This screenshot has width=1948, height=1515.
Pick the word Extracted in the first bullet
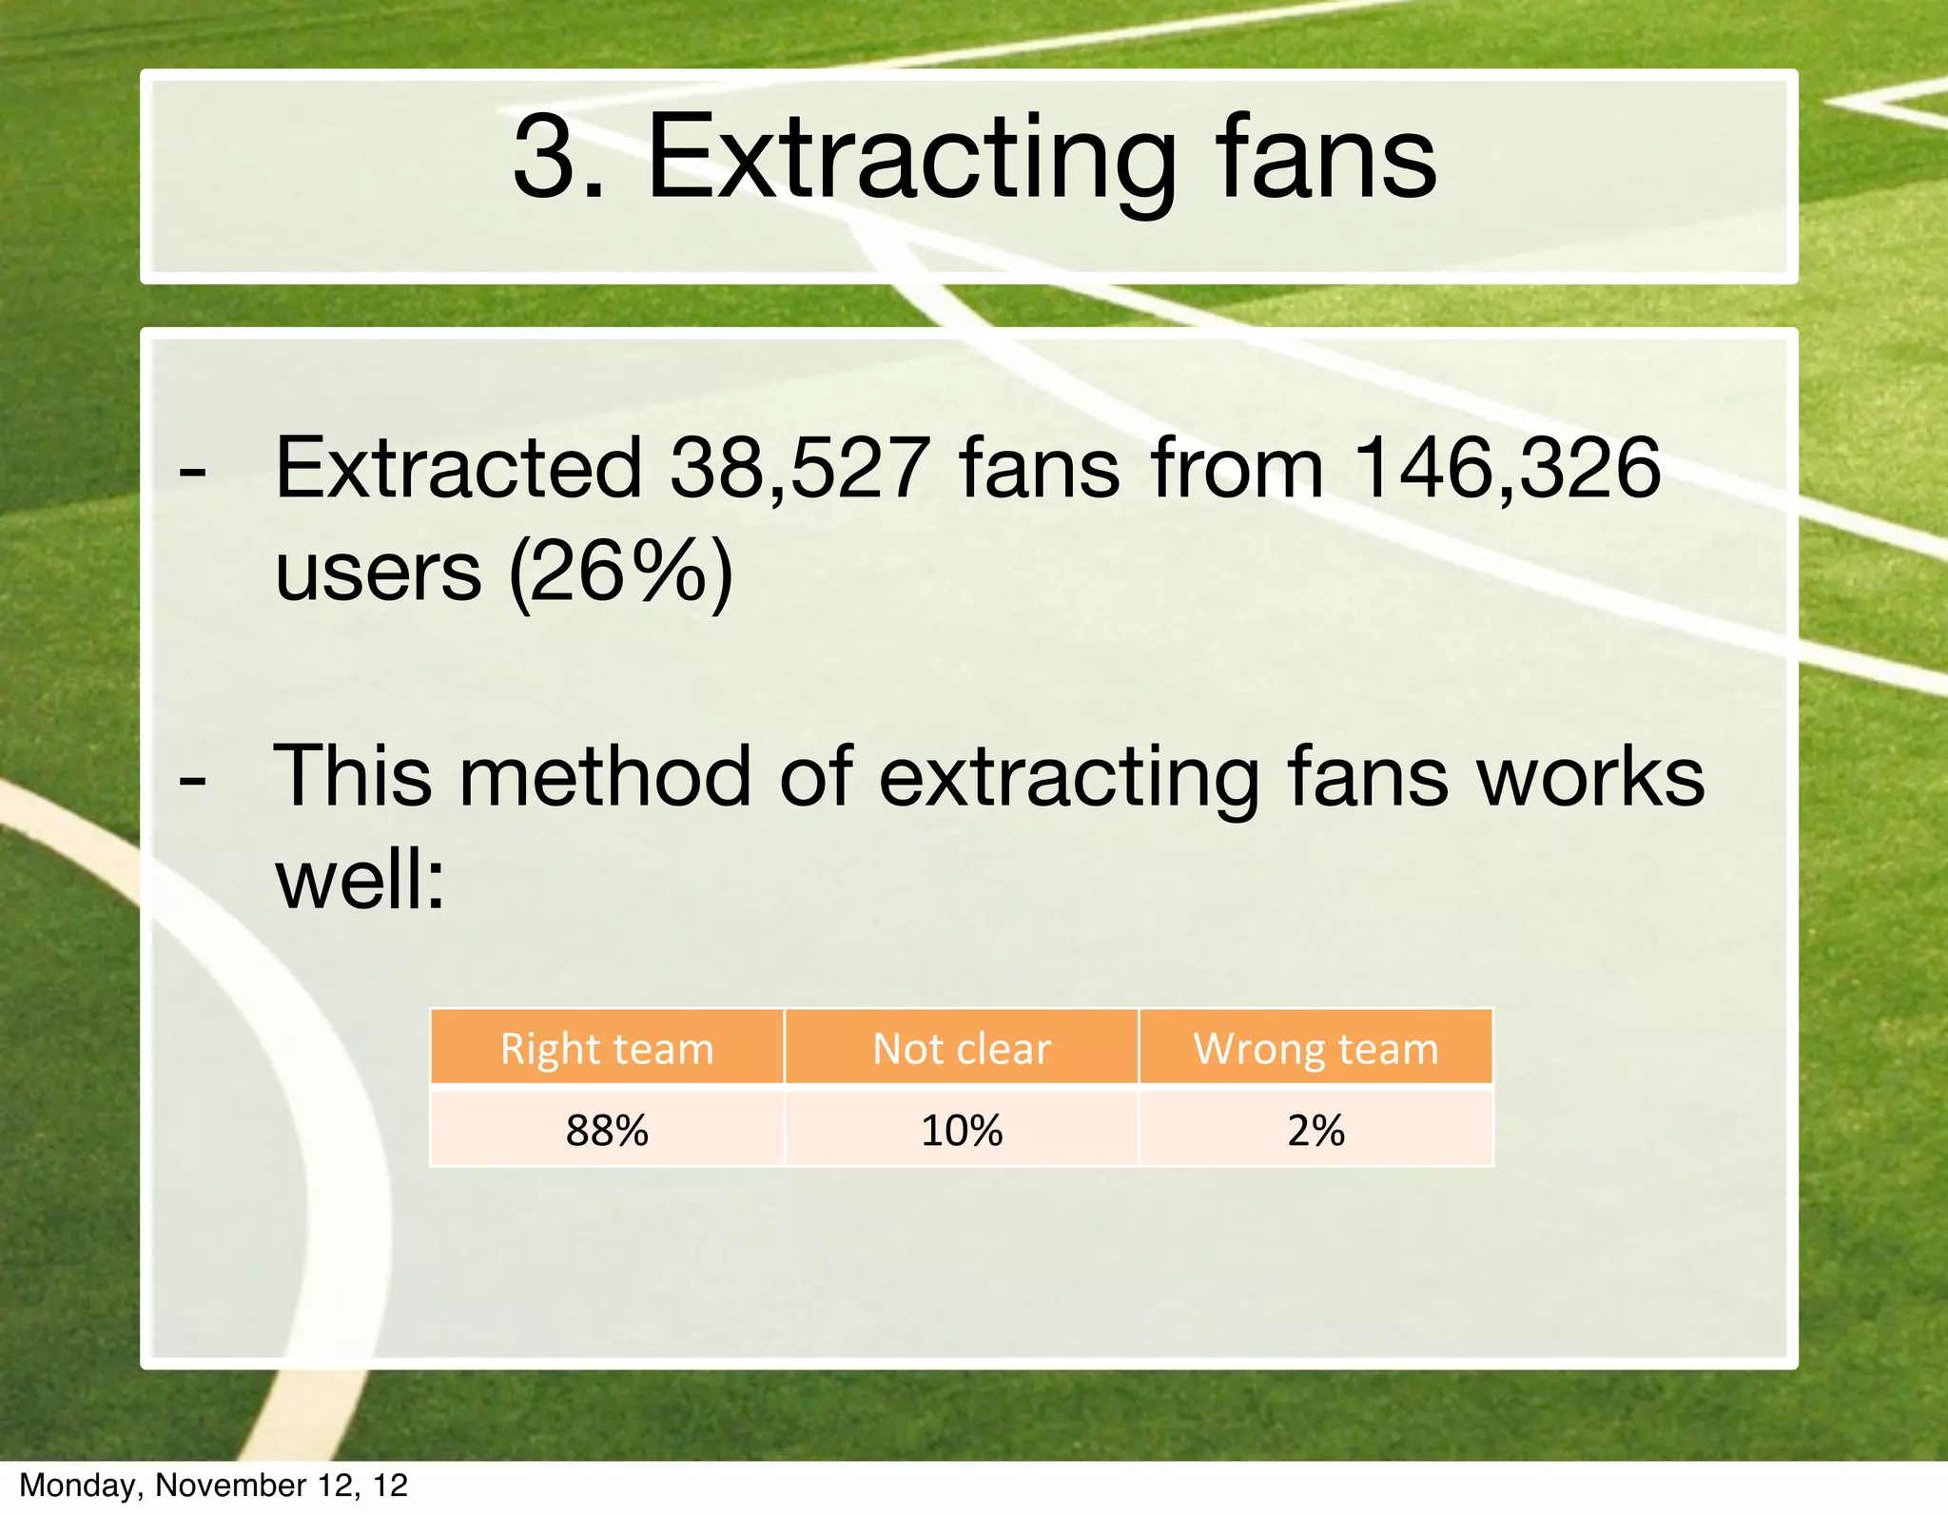[458, 468]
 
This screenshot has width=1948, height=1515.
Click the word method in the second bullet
[606, 776]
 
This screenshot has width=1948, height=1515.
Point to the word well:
[360, 881]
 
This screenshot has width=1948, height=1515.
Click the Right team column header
[607, 1049]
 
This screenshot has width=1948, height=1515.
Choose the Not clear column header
[962, 1049]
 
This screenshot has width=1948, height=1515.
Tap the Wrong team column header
[1315, 1049]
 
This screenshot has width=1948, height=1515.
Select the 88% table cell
[607, 1130]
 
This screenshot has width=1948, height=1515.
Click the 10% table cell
[962, 1130]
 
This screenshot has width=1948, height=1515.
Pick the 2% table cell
[1315, 1130]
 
